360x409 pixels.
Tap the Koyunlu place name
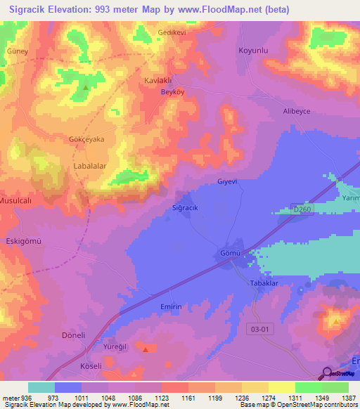pyautogui.click(x=255, y=51)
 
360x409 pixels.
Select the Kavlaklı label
pyautogui.click(x=158, y=80)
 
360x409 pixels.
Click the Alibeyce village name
pyautogui.click(x=296, y=112)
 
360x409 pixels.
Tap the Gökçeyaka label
pyautogui.click(x=86, y=139)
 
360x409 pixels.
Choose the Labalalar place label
pyautogui.click(x=89, y=167)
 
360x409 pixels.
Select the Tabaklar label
pyautogui.click(x=266, y=283)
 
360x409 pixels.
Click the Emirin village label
pyautogui.click(x=171, y=307)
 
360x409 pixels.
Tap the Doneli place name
pyautogui.click(x=73, y=335)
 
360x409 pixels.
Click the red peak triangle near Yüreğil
pyautogui.click(x=145, y=349)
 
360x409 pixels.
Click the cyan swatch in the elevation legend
pyautogui.click(x=41, y=387)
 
